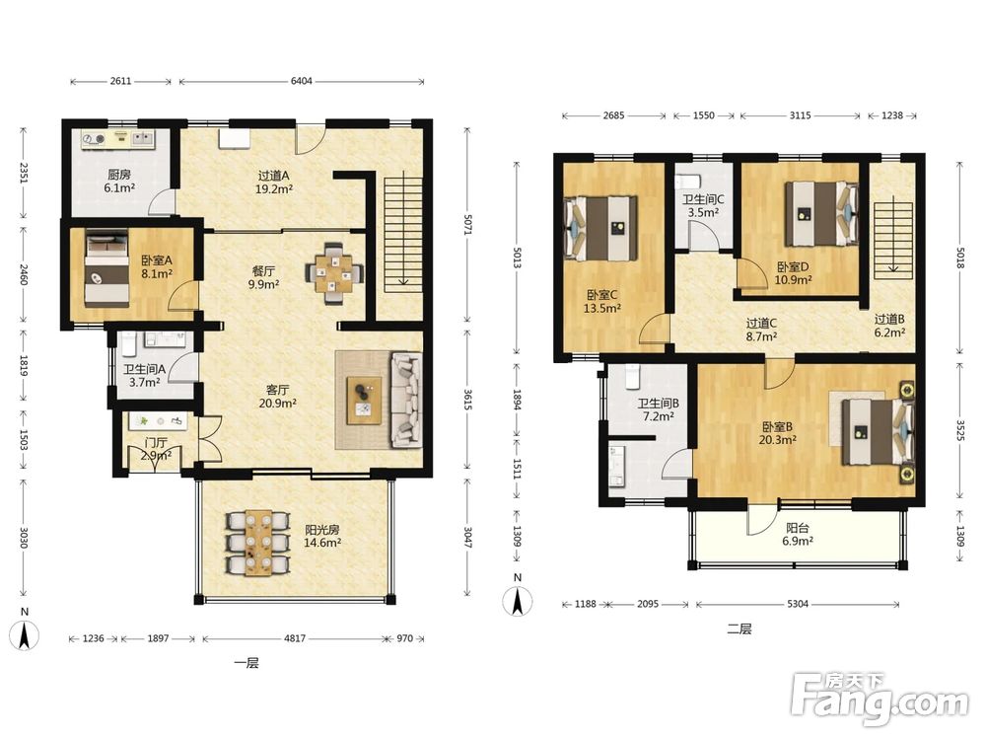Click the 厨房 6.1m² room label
[x=119, y=182]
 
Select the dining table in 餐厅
[x=333, y=273]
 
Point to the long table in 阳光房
[x=258, y=543]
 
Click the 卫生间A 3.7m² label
[x=144, y=376]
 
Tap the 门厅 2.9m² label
[x=156, y=449]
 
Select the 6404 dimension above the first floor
[x=301, y=81]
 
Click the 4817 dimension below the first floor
[x=294, y=638]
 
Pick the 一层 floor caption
[x=246, y=663]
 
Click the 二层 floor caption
[x=739, y=629]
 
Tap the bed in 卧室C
[x=601, y=228]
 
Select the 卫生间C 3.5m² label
[x=704, y=206]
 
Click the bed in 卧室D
[x=821, y=214]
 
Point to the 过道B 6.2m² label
[x=889, y=326]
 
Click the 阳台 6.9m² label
[x=798, y=534]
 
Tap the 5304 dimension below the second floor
[x=798, y=604]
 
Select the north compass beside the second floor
[x=518, y=599]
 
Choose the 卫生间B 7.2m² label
[x=659, y=409]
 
